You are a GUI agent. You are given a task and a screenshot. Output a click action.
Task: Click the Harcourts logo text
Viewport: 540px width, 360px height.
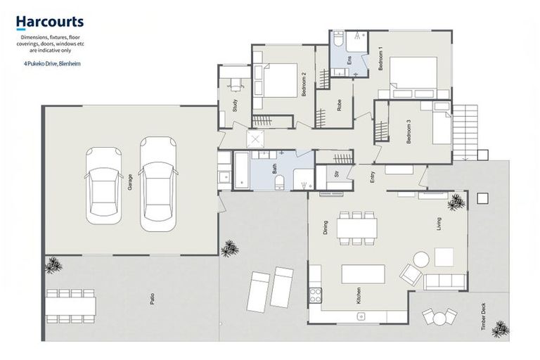pos(50,22)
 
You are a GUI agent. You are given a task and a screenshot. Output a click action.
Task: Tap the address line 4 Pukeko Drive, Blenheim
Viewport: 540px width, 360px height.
pos(52,64)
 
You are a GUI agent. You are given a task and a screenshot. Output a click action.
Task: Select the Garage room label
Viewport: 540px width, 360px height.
pos(130,182)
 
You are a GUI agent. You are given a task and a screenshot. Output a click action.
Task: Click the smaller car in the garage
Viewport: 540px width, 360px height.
pos(103,186)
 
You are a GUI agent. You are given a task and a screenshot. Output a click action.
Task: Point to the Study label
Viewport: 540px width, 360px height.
pos(235,105)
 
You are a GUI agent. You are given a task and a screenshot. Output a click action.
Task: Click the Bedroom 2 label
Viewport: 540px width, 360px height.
pos(304,84)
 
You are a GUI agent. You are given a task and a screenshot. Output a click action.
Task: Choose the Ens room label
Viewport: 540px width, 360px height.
pos(349,60)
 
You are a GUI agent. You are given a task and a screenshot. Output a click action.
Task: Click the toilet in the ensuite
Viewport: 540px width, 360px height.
pos(337,39)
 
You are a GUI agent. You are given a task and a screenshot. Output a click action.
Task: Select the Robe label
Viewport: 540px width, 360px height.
pos(339,105)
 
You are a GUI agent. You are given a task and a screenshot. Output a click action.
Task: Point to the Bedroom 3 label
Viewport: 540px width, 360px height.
pos(409,131)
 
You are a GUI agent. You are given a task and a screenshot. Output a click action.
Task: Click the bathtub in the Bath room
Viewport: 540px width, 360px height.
pos(241,170)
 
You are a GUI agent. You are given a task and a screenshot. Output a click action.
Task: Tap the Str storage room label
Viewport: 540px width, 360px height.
pos(337,173)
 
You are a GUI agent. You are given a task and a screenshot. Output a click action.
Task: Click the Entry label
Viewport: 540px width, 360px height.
pos(372,177)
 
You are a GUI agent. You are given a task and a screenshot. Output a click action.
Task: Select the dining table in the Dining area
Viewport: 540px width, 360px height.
pos(356,228)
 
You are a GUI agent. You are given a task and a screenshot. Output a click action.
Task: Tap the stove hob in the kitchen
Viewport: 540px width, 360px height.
pos(316,295)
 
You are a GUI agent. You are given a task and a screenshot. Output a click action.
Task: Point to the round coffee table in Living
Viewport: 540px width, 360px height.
pos(421,259)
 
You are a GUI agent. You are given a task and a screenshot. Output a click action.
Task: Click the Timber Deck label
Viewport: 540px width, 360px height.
pos(484,316)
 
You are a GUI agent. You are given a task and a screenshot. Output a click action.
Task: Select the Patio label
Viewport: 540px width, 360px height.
pos(152,298)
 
